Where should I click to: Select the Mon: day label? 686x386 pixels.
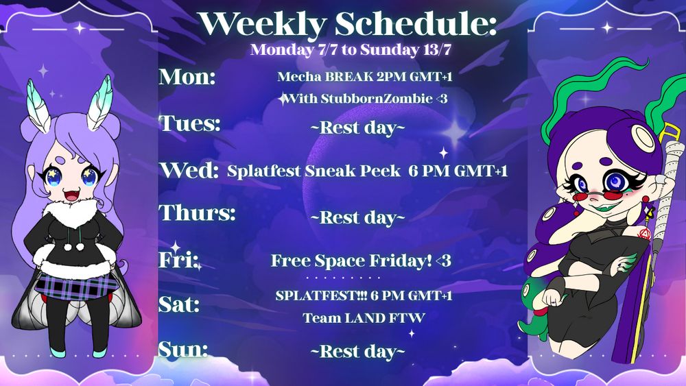pos(187,76)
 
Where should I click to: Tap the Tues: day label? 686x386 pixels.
pos(190,123)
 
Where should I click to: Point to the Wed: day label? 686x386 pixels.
pos(189,169)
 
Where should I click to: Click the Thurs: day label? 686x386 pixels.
pos(198,213)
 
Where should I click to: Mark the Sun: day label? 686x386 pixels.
pos(183,349)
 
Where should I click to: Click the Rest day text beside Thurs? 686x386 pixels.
pos(357,217)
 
